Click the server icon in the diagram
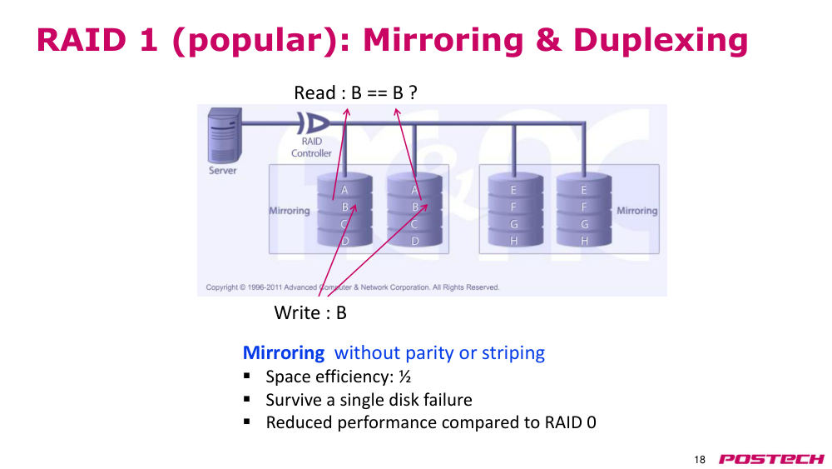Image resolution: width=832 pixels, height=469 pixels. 225,136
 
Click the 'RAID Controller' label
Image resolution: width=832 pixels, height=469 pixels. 311,147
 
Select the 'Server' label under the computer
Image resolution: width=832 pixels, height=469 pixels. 222,171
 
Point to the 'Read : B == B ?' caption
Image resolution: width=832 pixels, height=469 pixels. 355,93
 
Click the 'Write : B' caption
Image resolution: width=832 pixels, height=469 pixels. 310,312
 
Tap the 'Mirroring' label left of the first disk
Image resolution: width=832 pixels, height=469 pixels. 290,211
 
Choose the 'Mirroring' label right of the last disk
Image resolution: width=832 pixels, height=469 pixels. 636,211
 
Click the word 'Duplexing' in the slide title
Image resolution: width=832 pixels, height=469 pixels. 661,40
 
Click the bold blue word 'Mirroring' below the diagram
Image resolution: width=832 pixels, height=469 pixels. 284,352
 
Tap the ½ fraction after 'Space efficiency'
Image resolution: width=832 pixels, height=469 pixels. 405,377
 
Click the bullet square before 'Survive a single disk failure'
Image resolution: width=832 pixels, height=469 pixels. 247,399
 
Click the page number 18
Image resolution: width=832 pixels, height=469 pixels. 700,460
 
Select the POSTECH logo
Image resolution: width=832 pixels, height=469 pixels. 771,459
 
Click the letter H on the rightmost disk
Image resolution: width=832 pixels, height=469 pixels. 584,241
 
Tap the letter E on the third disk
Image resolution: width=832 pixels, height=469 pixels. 513,190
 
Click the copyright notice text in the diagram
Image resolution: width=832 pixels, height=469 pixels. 352,287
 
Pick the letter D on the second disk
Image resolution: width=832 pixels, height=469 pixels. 415,241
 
